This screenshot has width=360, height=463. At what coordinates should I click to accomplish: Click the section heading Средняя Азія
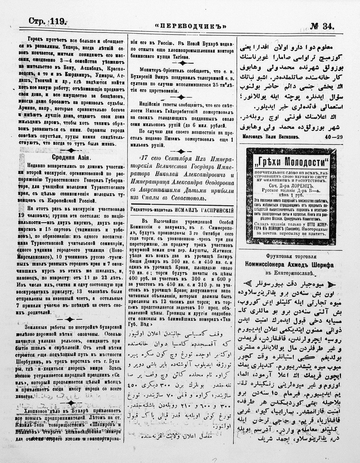[x=71, y=157]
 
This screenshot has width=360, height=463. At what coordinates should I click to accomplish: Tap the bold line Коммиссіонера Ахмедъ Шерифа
[x=289, y=265]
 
